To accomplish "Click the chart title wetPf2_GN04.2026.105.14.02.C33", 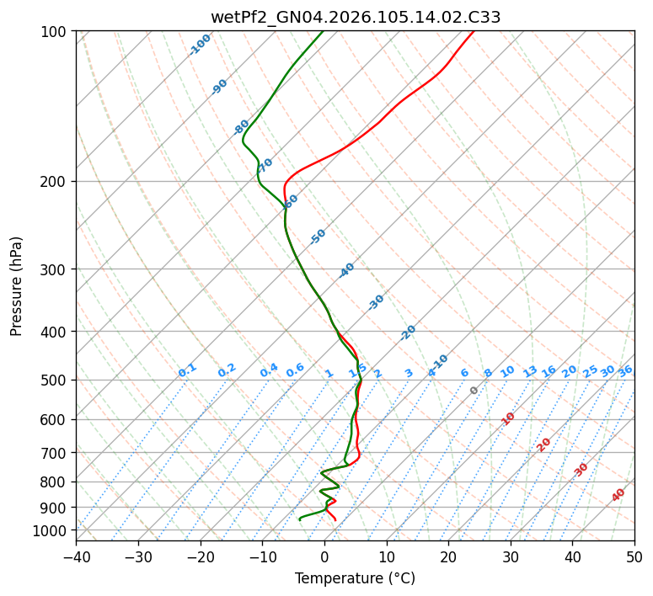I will (x=355, y=17).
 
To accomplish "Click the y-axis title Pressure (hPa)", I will (x=17, y=286).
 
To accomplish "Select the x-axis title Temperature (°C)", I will (x=355, y=578).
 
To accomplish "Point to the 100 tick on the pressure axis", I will (x=56, y=32).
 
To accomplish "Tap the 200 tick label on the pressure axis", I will (x=56, y=182).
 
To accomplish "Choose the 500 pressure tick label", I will (x=56, y=380).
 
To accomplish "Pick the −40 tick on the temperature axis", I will (x=76, y=556).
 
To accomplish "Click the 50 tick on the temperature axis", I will (x=634, y=556).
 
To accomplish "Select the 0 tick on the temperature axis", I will (x=324, y=556).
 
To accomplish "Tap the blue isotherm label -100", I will (x=200, y=45).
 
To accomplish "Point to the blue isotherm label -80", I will (x=242, y=127).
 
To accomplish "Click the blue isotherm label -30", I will (x=376, y=302).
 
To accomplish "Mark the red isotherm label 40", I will (x=618, y=495).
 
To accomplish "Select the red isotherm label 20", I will (x=543, y=444).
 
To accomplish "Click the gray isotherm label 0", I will (x=474, y=391).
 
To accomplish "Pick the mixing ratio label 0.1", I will (x=187, y=370).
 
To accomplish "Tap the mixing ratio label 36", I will (x=625, y=370).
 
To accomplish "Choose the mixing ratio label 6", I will (x=464, y=373).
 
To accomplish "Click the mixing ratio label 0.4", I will (x=269, y=371).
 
